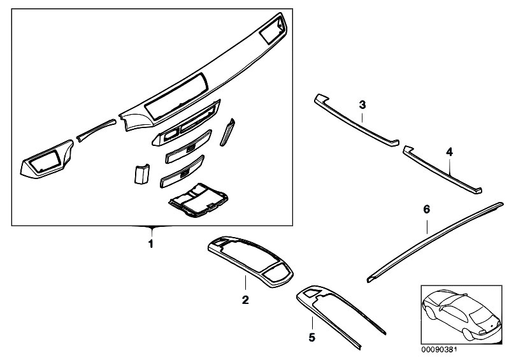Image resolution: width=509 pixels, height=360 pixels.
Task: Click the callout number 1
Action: pos(150,244)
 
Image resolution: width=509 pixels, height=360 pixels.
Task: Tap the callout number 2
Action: pos(245,299)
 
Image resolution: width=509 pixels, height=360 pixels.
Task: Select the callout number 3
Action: pos(362,104)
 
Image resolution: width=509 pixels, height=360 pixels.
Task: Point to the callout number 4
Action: pos(449,152)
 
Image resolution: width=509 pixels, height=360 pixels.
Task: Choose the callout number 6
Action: pos(427,209)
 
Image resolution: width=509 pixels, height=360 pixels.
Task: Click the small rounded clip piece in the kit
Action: pos(140,173)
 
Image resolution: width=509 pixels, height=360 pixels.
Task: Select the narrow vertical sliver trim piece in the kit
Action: pos(227,133)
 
